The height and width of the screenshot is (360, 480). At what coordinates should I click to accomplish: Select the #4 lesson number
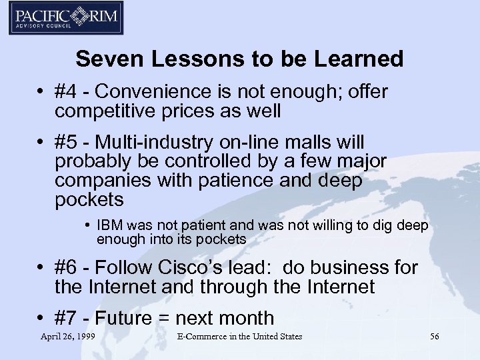[67, 92]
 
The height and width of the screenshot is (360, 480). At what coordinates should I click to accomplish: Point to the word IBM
[110, 226]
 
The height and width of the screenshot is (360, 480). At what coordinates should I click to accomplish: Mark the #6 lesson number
[67, 268]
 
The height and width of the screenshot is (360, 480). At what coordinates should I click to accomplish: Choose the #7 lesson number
[67, 318]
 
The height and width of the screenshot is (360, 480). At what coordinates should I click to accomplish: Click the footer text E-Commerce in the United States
[239, 337]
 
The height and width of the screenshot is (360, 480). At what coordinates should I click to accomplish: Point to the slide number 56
[434, 337]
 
